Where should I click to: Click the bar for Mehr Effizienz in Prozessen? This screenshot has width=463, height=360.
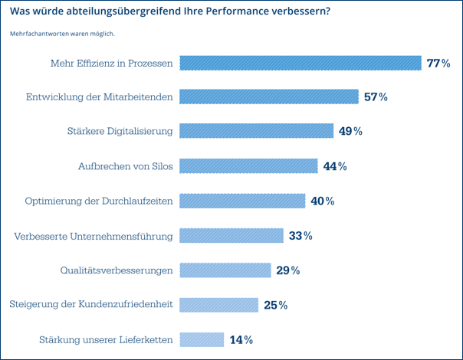pyautogui.click(x=300, y=63)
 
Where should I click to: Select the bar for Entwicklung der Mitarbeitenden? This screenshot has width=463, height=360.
pyautogui.click(x=269, y=97)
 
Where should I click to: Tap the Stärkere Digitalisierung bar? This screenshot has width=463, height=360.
pyautogui.click(x=256, y=131)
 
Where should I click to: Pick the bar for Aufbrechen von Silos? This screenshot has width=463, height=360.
pyautogui.click(x=248, y=166)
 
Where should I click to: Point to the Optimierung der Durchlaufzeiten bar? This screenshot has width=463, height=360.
pyautogui.click(x=242, y=201)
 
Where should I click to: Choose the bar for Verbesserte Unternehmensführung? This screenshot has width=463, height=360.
pyautogui.click(x=231, y=235)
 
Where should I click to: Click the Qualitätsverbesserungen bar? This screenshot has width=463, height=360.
pyautogui.click(x=225, y=270)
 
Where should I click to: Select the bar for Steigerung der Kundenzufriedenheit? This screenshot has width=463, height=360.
pyautogui.click(x=218, y=305)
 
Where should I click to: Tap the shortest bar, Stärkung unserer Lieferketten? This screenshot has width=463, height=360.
pyautogui.click(x=201, y=339)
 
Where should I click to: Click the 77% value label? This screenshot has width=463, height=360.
pyautogui.click(x=438, y=63)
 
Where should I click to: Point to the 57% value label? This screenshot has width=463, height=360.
pyautogui.click(x=376, y=97)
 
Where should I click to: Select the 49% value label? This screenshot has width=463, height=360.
pyautogui.click(x=350, y=131)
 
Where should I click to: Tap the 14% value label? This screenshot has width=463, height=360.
pyautogui.click(x=241, y=339)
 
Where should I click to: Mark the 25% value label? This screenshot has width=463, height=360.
pyautogui.click(x=275, y=305)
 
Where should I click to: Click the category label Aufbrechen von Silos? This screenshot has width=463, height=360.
pyautogui.click(x=125, y=166)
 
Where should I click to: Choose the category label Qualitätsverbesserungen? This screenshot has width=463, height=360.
pyautogui.click(x=117, y=270)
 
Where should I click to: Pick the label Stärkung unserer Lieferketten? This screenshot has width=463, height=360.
pyautogui.click(x=106, y=339)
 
